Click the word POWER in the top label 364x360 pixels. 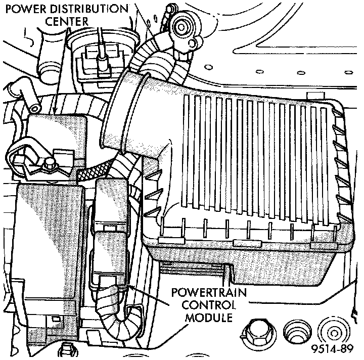click(x=26, y=9)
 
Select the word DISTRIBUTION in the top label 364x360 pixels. click(x=89, y=9)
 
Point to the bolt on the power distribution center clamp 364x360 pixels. click(x=50, y=163)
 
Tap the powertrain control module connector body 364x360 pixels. click(x=111, y=222)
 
